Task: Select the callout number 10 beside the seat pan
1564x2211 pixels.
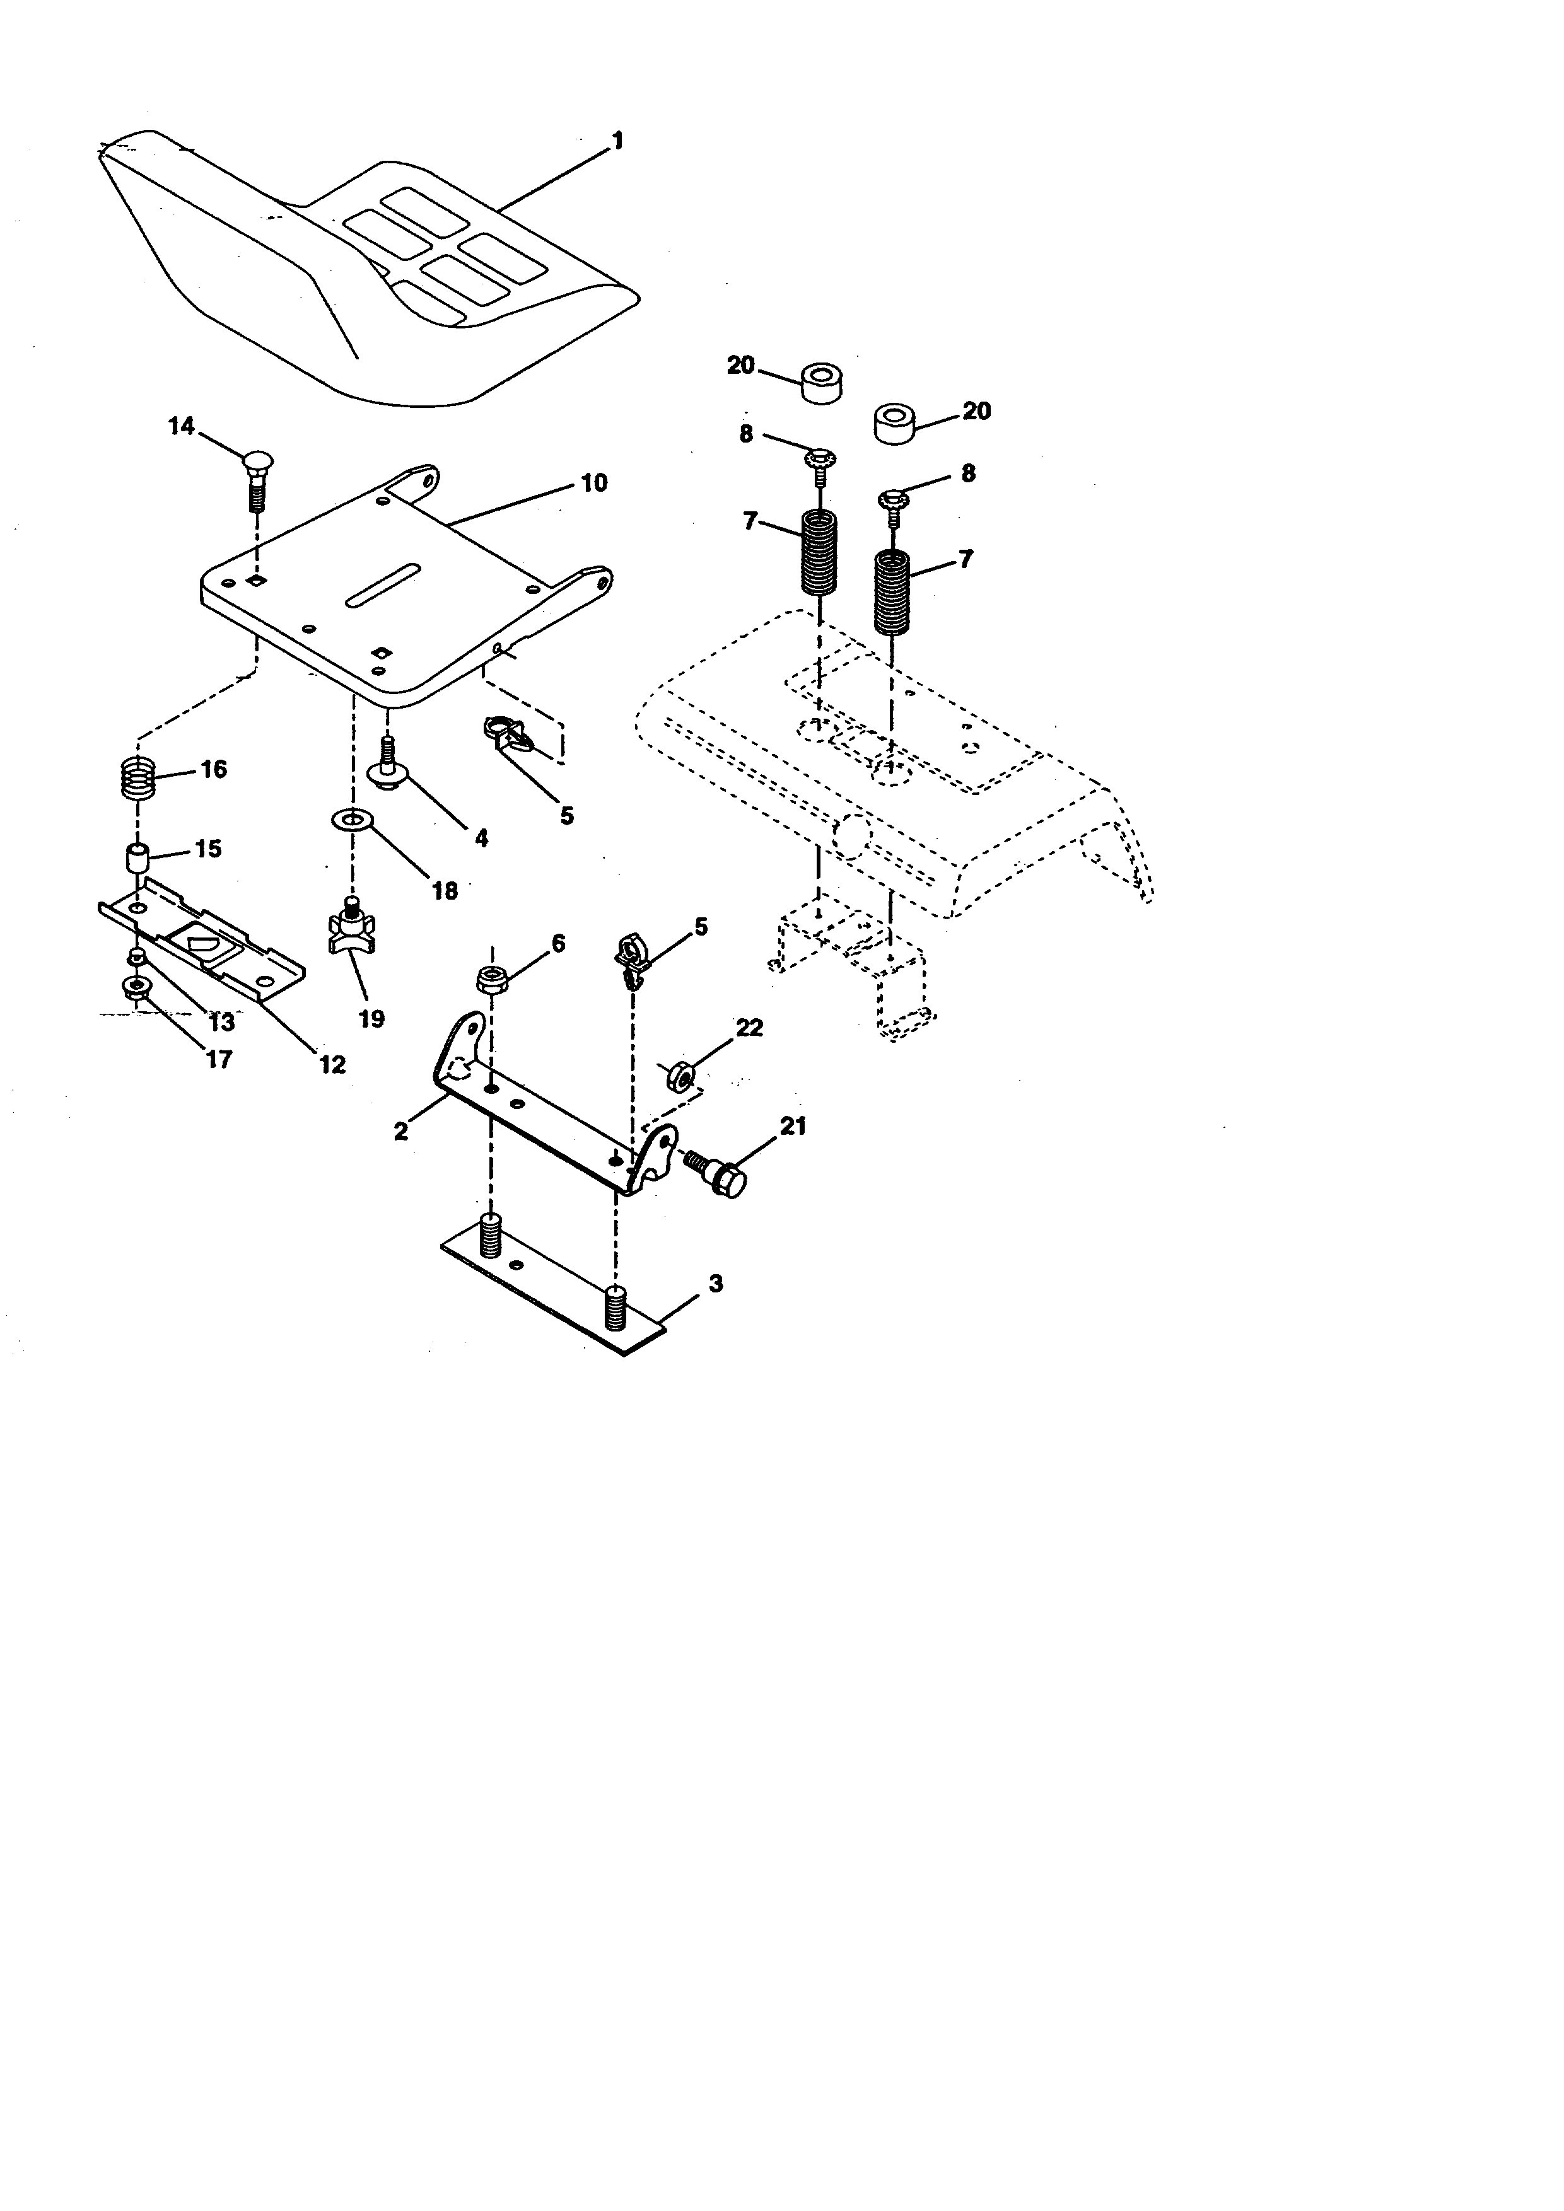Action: [594, 482]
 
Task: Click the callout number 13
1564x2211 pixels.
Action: [221, 1023]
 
